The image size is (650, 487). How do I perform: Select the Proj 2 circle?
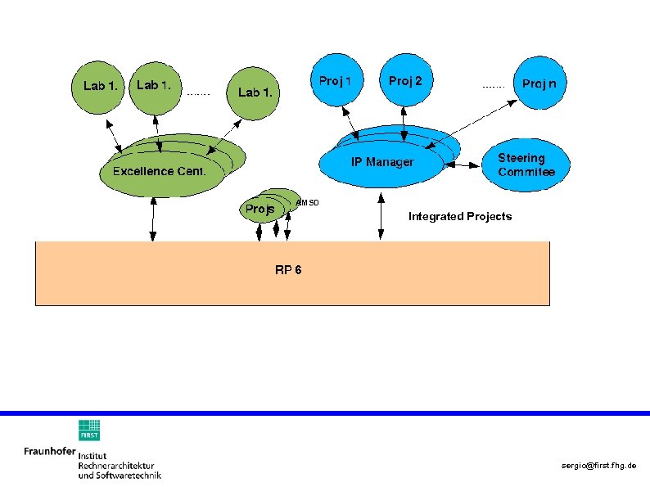(x=405, y=82)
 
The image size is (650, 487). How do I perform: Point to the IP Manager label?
(x=382, y=162)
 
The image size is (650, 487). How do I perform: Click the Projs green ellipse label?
(x=260, y=210)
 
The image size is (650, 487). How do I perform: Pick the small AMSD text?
(x=307, y=202)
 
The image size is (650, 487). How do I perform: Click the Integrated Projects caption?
(x=460, y=217)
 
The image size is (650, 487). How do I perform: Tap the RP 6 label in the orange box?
(x=288, y=270)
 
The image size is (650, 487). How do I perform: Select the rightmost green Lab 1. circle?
(x=255, y=92)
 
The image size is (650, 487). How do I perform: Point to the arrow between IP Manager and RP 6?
(x=381, y=217)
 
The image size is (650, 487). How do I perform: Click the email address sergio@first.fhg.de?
(x=598, y=465)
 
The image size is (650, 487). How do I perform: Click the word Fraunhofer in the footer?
(x=49, y=451)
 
